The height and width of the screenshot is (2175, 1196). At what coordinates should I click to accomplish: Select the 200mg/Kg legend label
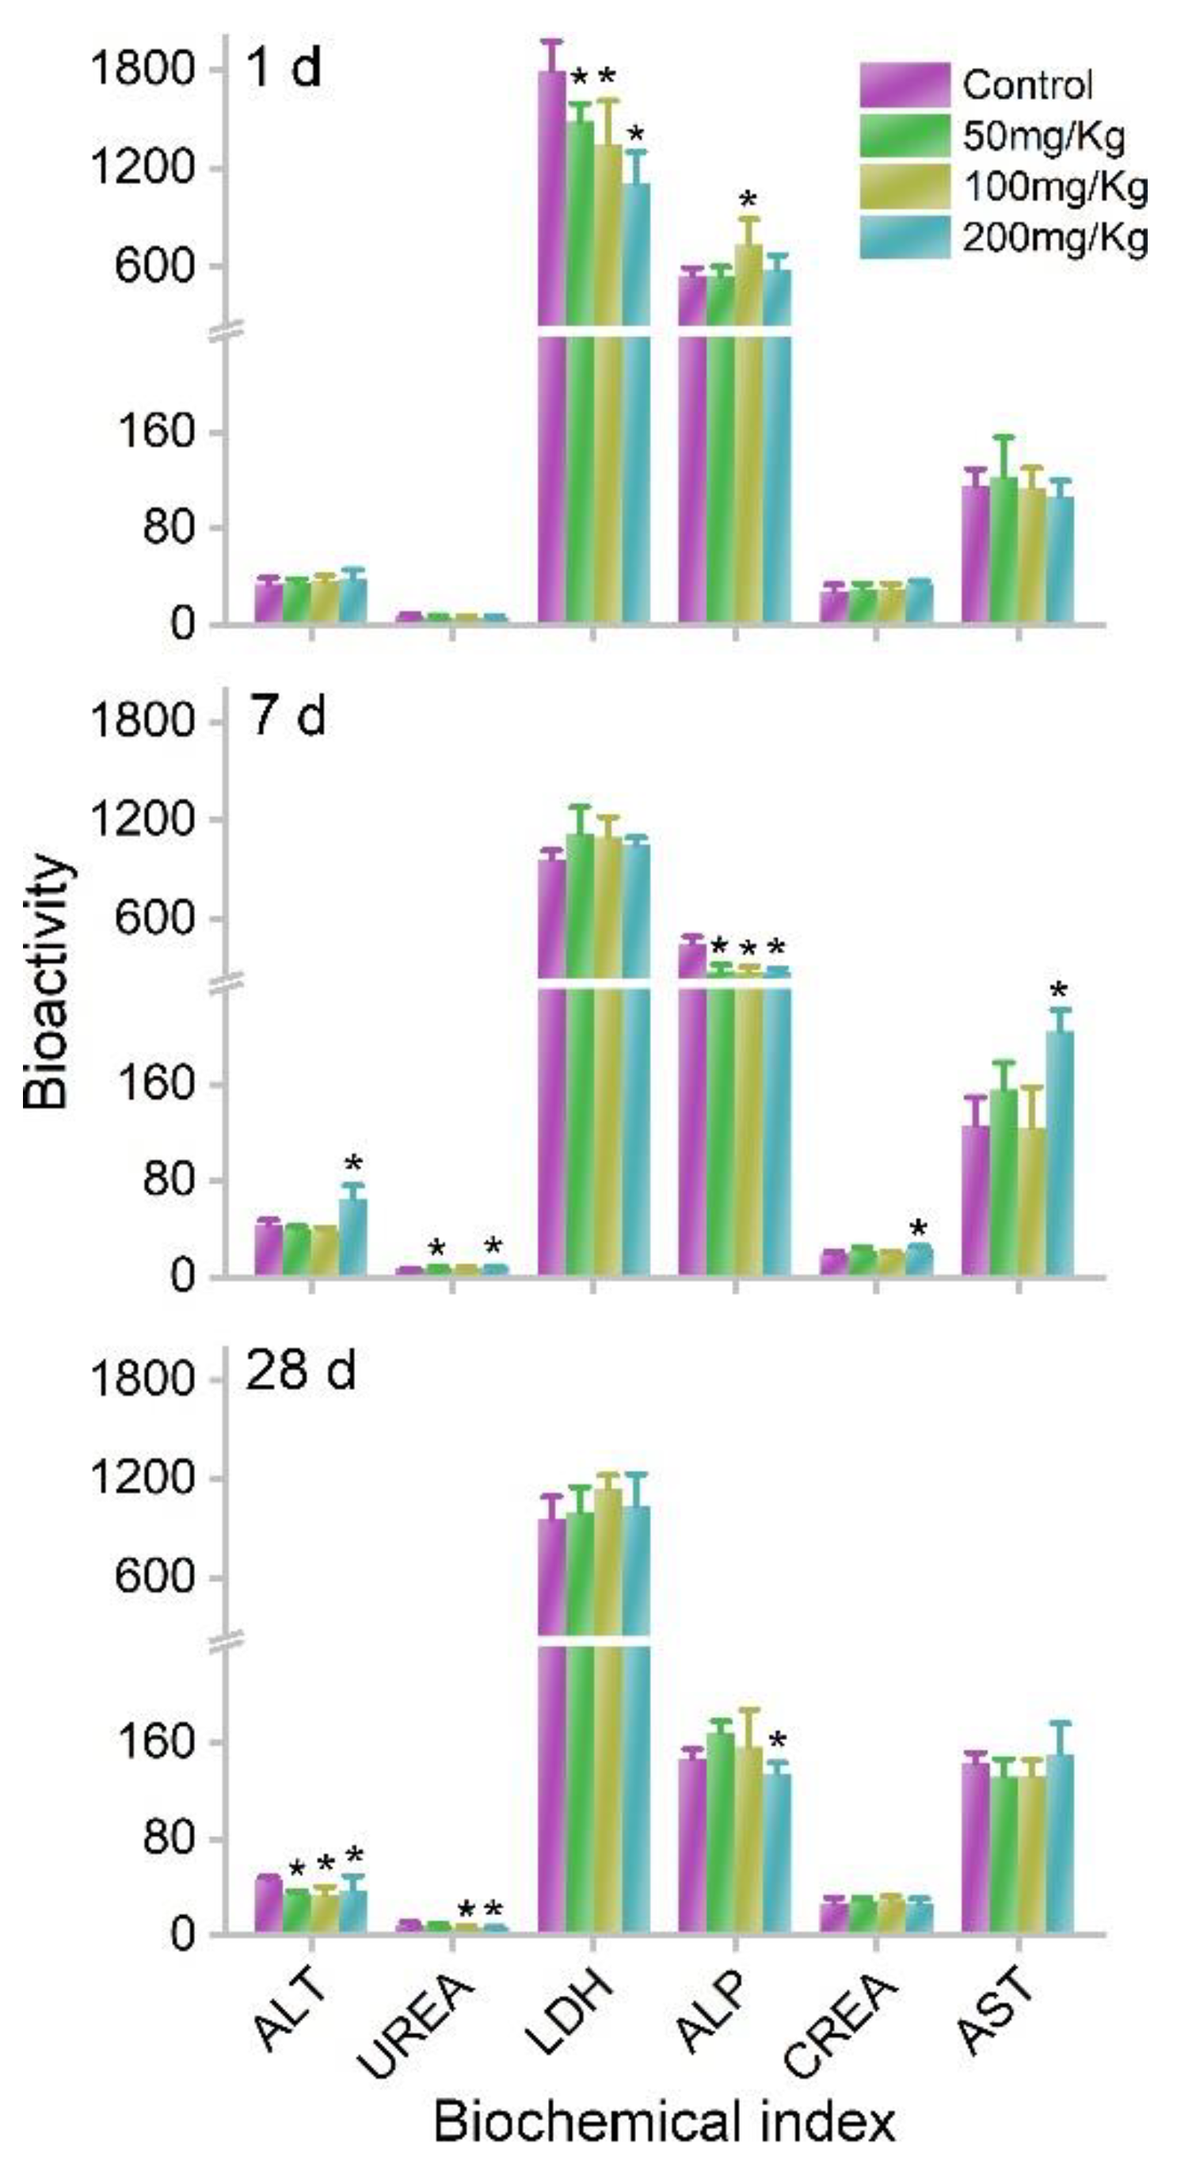[x=1055, y=240]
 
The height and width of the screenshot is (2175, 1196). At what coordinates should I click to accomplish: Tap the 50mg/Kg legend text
[x=1043, y=137]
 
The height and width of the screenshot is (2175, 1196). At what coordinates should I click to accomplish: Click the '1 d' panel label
[x=284, y=67]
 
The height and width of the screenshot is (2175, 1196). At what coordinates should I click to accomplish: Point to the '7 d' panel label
[x=287, y=717]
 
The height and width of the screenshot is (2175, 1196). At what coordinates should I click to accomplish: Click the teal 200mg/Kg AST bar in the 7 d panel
[x=1060, y=1157]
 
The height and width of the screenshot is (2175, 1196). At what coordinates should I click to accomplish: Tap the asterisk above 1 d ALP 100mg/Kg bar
[x=748, y=201]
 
